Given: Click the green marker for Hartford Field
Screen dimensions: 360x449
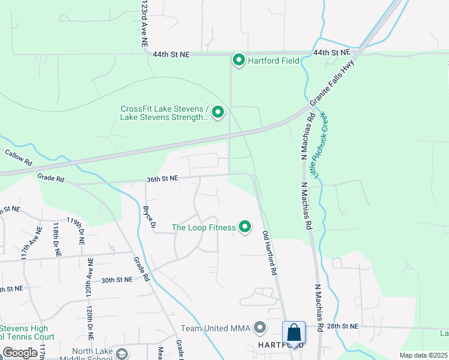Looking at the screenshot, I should [x=238, y=61].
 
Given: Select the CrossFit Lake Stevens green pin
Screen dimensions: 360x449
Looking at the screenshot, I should [x=218, y=112].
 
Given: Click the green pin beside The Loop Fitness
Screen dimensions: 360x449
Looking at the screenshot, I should [x=245, y=227].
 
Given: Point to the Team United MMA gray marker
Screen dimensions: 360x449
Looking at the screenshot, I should [x=260, y=328].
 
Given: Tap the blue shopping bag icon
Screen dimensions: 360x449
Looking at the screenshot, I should [x=294, y=332].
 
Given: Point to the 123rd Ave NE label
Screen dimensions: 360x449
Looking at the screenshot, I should [x=144, y=24].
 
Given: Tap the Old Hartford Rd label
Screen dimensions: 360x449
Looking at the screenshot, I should [x=269, y=254].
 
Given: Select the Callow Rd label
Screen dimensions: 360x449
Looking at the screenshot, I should [x=18, y=157].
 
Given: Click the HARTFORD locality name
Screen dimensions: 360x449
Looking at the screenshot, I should [x=279, y=345].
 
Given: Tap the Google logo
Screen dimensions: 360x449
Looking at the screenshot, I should [x=20, y=353].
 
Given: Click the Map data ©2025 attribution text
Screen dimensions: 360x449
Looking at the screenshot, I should [x=423, y=355].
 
